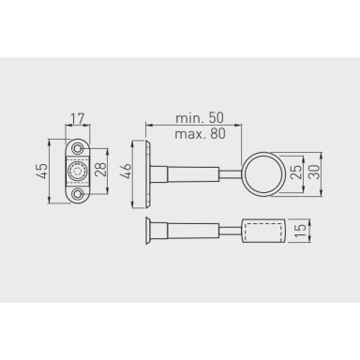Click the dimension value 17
point(78,119)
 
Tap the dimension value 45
point(42,171)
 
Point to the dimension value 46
point(126,171)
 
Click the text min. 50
point(200,118)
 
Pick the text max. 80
point(200,134)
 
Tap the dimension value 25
point(296,172)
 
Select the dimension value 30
point(314,172)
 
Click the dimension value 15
point(300,231)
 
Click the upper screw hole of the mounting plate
point(77,148)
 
